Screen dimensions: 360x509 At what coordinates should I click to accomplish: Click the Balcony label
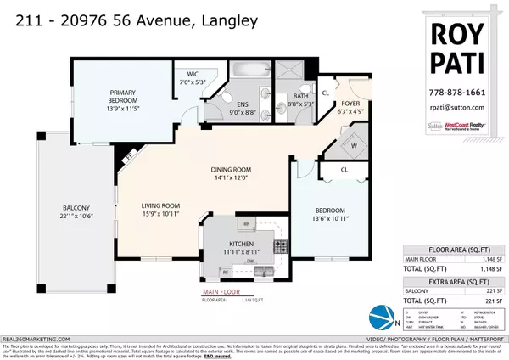(76, 207)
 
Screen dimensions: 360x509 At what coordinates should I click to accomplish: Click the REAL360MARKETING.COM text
(36, 335)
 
